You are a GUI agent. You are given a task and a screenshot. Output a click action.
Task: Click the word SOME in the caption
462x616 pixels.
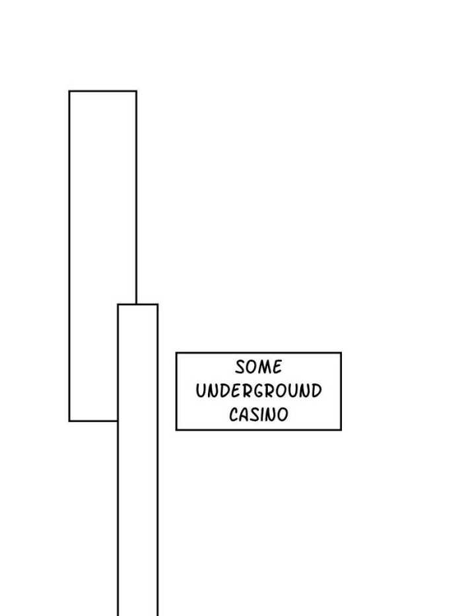(x=259, y=367)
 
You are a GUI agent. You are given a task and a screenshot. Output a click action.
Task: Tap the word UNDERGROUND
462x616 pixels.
(x=259, y=391)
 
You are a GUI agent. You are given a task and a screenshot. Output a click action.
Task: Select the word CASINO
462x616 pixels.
(x=259, y=415)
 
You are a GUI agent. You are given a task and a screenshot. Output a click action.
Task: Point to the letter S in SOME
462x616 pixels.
(x=241, y=367)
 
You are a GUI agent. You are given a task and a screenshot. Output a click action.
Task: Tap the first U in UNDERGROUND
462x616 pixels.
(x=201, y=391)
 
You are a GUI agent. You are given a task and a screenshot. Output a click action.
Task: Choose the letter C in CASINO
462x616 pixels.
(x=234, y=415)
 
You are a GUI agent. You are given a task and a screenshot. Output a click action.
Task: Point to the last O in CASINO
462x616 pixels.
(x=283, y=415)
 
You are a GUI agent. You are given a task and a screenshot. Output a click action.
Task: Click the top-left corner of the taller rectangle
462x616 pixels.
(x=69, y=91)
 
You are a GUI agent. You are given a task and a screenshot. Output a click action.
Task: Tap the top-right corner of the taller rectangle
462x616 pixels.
(x=137, y=91)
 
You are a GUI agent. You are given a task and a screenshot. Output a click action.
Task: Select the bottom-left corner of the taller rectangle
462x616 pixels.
(x=69, y=420)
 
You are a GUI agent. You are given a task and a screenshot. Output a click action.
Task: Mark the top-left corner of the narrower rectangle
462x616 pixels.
(x=118, y=304)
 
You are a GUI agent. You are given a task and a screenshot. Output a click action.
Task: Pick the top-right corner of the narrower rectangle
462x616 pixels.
(x=158, y=304)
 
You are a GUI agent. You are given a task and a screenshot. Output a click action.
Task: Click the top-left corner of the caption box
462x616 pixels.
(x=176, y=353)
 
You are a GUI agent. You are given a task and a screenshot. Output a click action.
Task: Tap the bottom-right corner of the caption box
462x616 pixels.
(x=341, y=430)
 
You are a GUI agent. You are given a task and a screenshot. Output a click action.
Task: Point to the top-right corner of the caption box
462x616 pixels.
(x=341, y=353)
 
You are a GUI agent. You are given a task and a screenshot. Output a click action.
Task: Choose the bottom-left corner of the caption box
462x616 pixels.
(x=176, y=430)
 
